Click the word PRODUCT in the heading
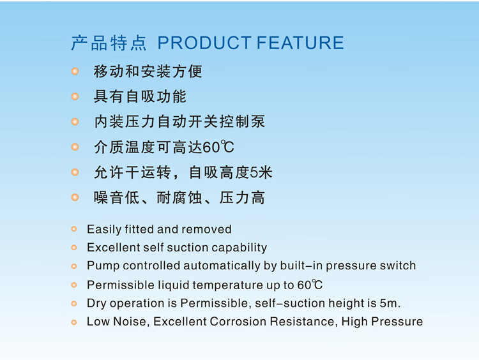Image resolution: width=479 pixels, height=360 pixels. pyautogui.click(x=204, y=42)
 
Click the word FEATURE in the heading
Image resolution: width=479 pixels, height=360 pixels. pyautogui.click(x=300, y=42)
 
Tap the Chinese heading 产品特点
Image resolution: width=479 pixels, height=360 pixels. pyautogui.click(x=109, y=43)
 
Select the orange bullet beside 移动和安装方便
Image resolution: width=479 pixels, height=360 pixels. pyautogui.click(x=75, y=71)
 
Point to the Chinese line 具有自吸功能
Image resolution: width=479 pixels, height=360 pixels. pyautogui.click(x=140, y=96)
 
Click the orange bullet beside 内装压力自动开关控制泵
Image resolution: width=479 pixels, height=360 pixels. pyautogui.click(x=75, y=122)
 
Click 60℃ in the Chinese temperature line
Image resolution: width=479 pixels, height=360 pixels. pyautogui.click(x=218, y=147)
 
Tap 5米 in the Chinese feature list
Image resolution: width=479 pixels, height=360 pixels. pyautogui.click(x=261, y=172)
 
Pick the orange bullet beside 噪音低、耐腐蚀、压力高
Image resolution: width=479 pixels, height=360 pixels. pyautogui.click(x=75, y=197)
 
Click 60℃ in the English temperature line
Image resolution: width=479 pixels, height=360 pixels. pyautogui.click(x=310, y=285)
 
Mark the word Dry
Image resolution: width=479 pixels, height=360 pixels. pyautogui.click(x=96, y=303)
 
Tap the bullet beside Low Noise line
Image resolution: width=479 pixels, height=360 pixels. pyautogui.click(x=74, y=322)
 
